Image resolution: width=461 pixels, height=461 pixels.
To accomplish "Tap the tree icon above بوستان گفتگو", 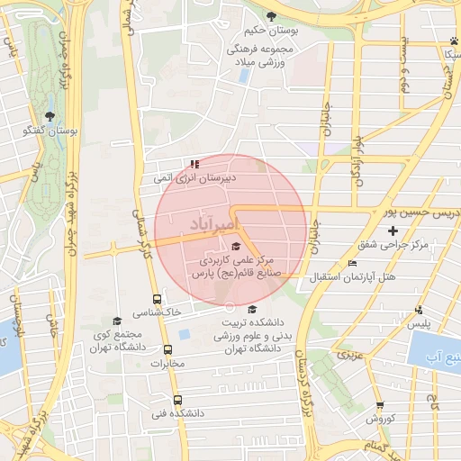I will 49,116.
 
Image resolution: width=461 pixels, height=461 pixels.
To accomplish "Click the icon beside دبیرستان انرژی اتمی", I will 194,164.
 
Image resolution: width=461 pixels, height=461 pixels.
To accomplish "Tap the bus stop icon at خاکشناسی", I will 157,299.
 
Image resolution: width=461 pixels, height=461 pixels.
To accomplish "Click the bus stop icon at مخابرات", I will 167,349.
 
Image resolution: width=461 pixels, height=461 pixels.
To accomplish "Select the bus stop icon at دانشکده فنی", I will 176,400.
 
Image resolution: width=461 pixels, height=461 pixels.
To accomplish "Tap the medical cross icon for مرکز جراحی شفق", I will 393,230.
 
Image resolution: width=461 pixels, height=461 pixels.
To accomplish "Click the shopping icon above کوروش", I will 380,406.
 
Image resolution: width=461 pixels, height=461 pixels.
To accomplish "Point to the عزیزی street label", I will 348,357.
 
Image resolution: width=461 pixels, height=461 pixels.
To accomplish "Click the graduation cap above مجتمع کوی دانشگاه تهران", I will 116,321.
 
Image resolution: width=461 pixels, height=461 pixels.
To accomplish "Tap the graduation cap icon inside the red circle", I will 236,247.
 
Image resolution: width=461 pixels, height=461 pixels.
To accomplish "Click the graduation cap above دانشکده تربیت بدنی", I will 251,310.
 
